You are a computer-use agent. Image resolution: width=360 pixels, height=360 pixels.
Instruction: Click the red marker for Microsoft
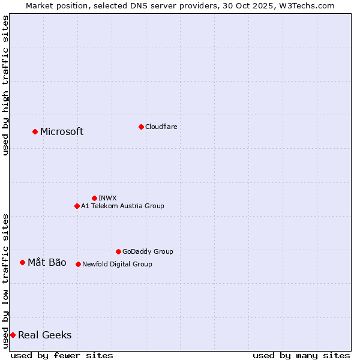[x=35, y=131]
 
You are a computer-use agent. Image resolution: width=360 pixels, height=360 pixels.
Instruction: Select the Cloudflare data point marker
[x=141, y=127]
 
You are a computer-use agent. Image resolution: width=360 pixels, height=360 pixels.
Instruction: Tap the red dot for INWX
[x=94, y=198]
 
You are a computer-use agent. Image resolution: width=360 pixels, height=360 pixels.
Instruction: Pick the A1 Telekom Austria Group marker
[x=77, y=206]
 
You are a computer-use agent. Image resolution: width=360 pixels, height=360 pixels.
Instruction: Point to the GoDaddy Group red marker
[x=118, y=251]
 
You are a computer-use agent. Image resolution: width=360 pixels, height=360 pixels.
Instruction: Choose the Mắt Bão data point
[x=22, y=262]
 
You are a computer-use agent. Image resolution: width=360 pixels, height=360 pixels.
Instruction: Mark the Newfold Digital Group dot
[x=78, y=264]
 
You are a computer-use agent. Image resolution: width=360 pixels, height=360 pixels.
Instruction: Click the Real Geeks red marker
[x=13, y=335]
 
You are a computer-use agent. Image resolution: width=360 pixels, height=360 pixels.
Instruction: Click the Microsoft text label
[x=62, y=132]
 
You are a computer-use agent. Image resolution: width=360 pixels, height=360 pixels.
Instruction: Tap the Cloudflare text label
[x=161, y=127]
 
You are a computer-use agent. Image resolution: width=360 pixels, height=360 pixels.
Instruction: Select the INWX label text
[x=107, y=198]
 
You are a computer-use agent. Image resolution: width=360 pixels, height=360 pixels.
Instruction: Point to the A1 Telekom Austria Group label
[x=122, y=206]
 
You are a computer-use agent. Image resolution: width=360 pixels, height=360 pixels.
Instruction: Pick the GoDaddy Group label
[x=148, y=251]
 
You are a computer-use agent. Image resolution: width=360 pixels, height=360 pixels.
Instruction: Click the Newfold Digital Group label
[x=117, y=264]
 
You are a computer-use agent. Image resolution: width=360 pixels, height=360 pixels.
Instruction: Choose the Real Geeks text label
[x=45, y=335]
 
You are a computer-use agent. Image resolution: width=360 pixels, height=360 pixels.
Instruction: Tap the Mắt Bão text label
[x=47, y=262]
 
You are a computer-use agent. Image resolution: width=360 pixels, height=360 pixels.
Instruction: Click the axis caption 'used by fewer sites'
[x=62, y=355]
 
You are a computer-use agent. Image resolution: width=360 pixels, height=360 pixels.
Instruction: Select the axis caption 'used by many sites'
[x=301, y=355]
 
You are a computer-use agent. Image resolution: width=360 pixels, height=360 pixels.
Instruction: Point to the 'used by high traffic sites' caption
[x=5, y=85]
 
